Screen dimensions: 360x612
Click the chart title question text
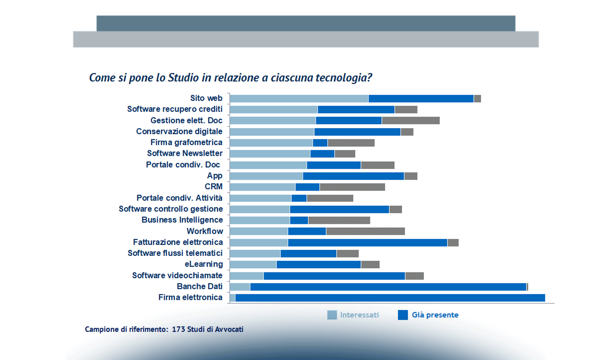tap(230, 78)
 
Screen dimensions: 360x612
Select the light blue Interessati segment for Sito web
tap(299, 99)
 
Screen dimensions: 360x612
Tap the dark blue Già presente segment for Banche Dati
tap(388, 287)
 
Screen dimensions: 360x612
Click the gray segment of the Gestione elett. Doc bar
tap(410, 121)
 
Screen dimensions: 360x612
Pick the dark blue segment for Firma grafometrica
tap(320, 143)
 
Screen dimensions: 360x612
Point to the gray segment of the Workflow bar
tap(365, 231)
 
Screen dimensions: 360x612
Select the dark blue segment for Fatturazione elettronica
tap(367, 242)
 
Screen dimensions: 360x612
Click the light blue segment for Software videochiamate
tap(247, 276)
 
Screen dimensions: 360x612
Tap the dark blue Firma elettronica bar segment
tap(390, 298)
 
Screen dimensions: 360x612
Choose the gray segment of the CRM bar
tap(352, 187)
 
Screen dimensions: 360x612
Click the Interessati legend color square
tap(332, 315)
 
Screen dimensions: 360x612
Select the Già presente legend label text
tap(435, 315)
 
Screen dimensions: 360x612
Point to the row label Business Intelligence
tap(182, 220)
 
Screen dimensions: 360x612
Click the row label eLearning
tap(204, 264)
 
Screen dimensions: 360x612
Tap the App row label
tap(214, 176)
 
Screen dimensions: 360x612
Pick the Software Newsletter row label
tap(185, 153)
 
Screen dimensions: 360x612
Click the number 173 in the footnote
tap(178, 329)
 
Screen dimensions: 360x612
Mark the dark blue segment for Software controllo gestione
tap(339, 209)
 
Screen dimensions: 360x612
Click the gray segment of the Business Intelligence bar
tap(339, 220)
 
